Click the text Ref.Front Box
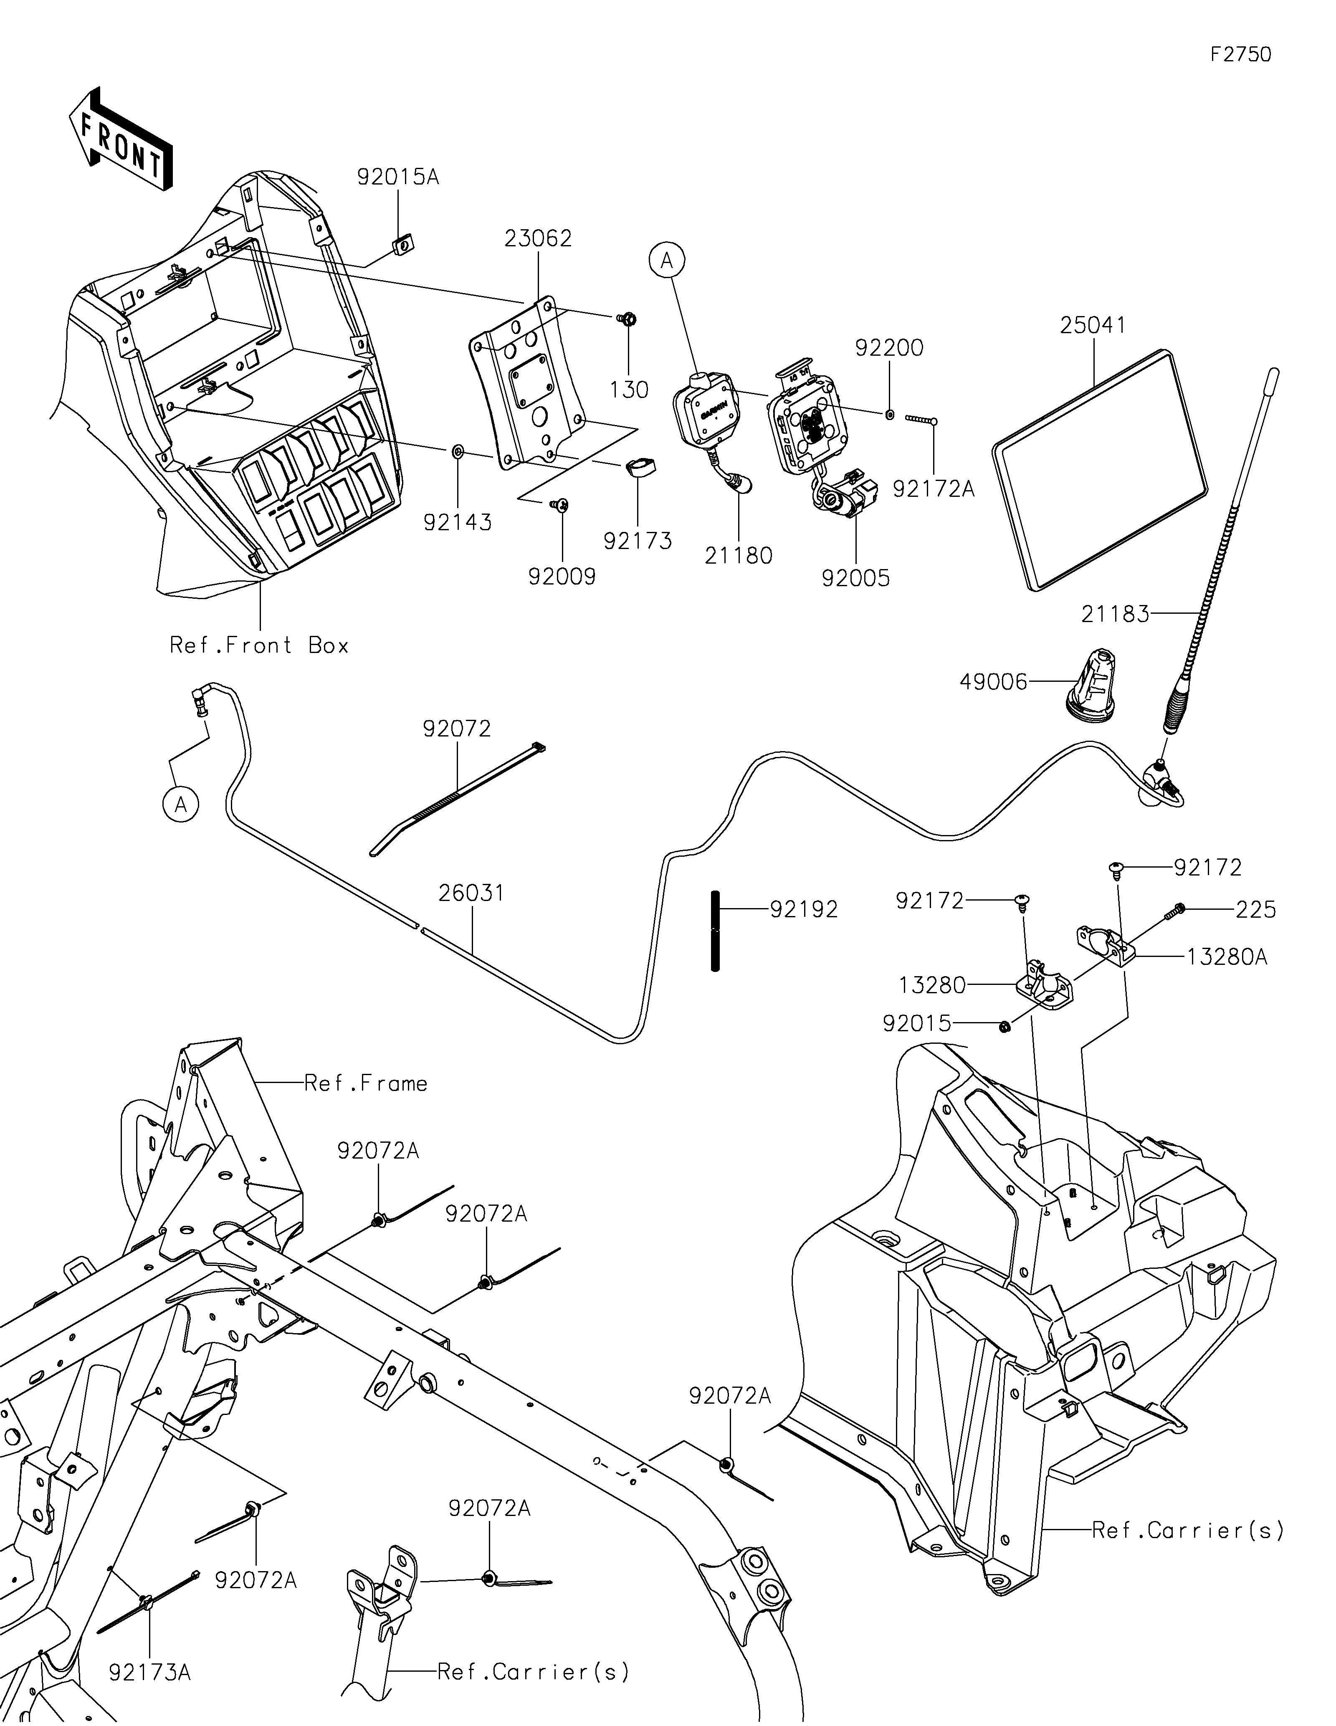(259, 645)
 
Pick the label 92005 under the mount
(855, 579)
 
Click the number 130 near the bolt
(630, 390)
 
